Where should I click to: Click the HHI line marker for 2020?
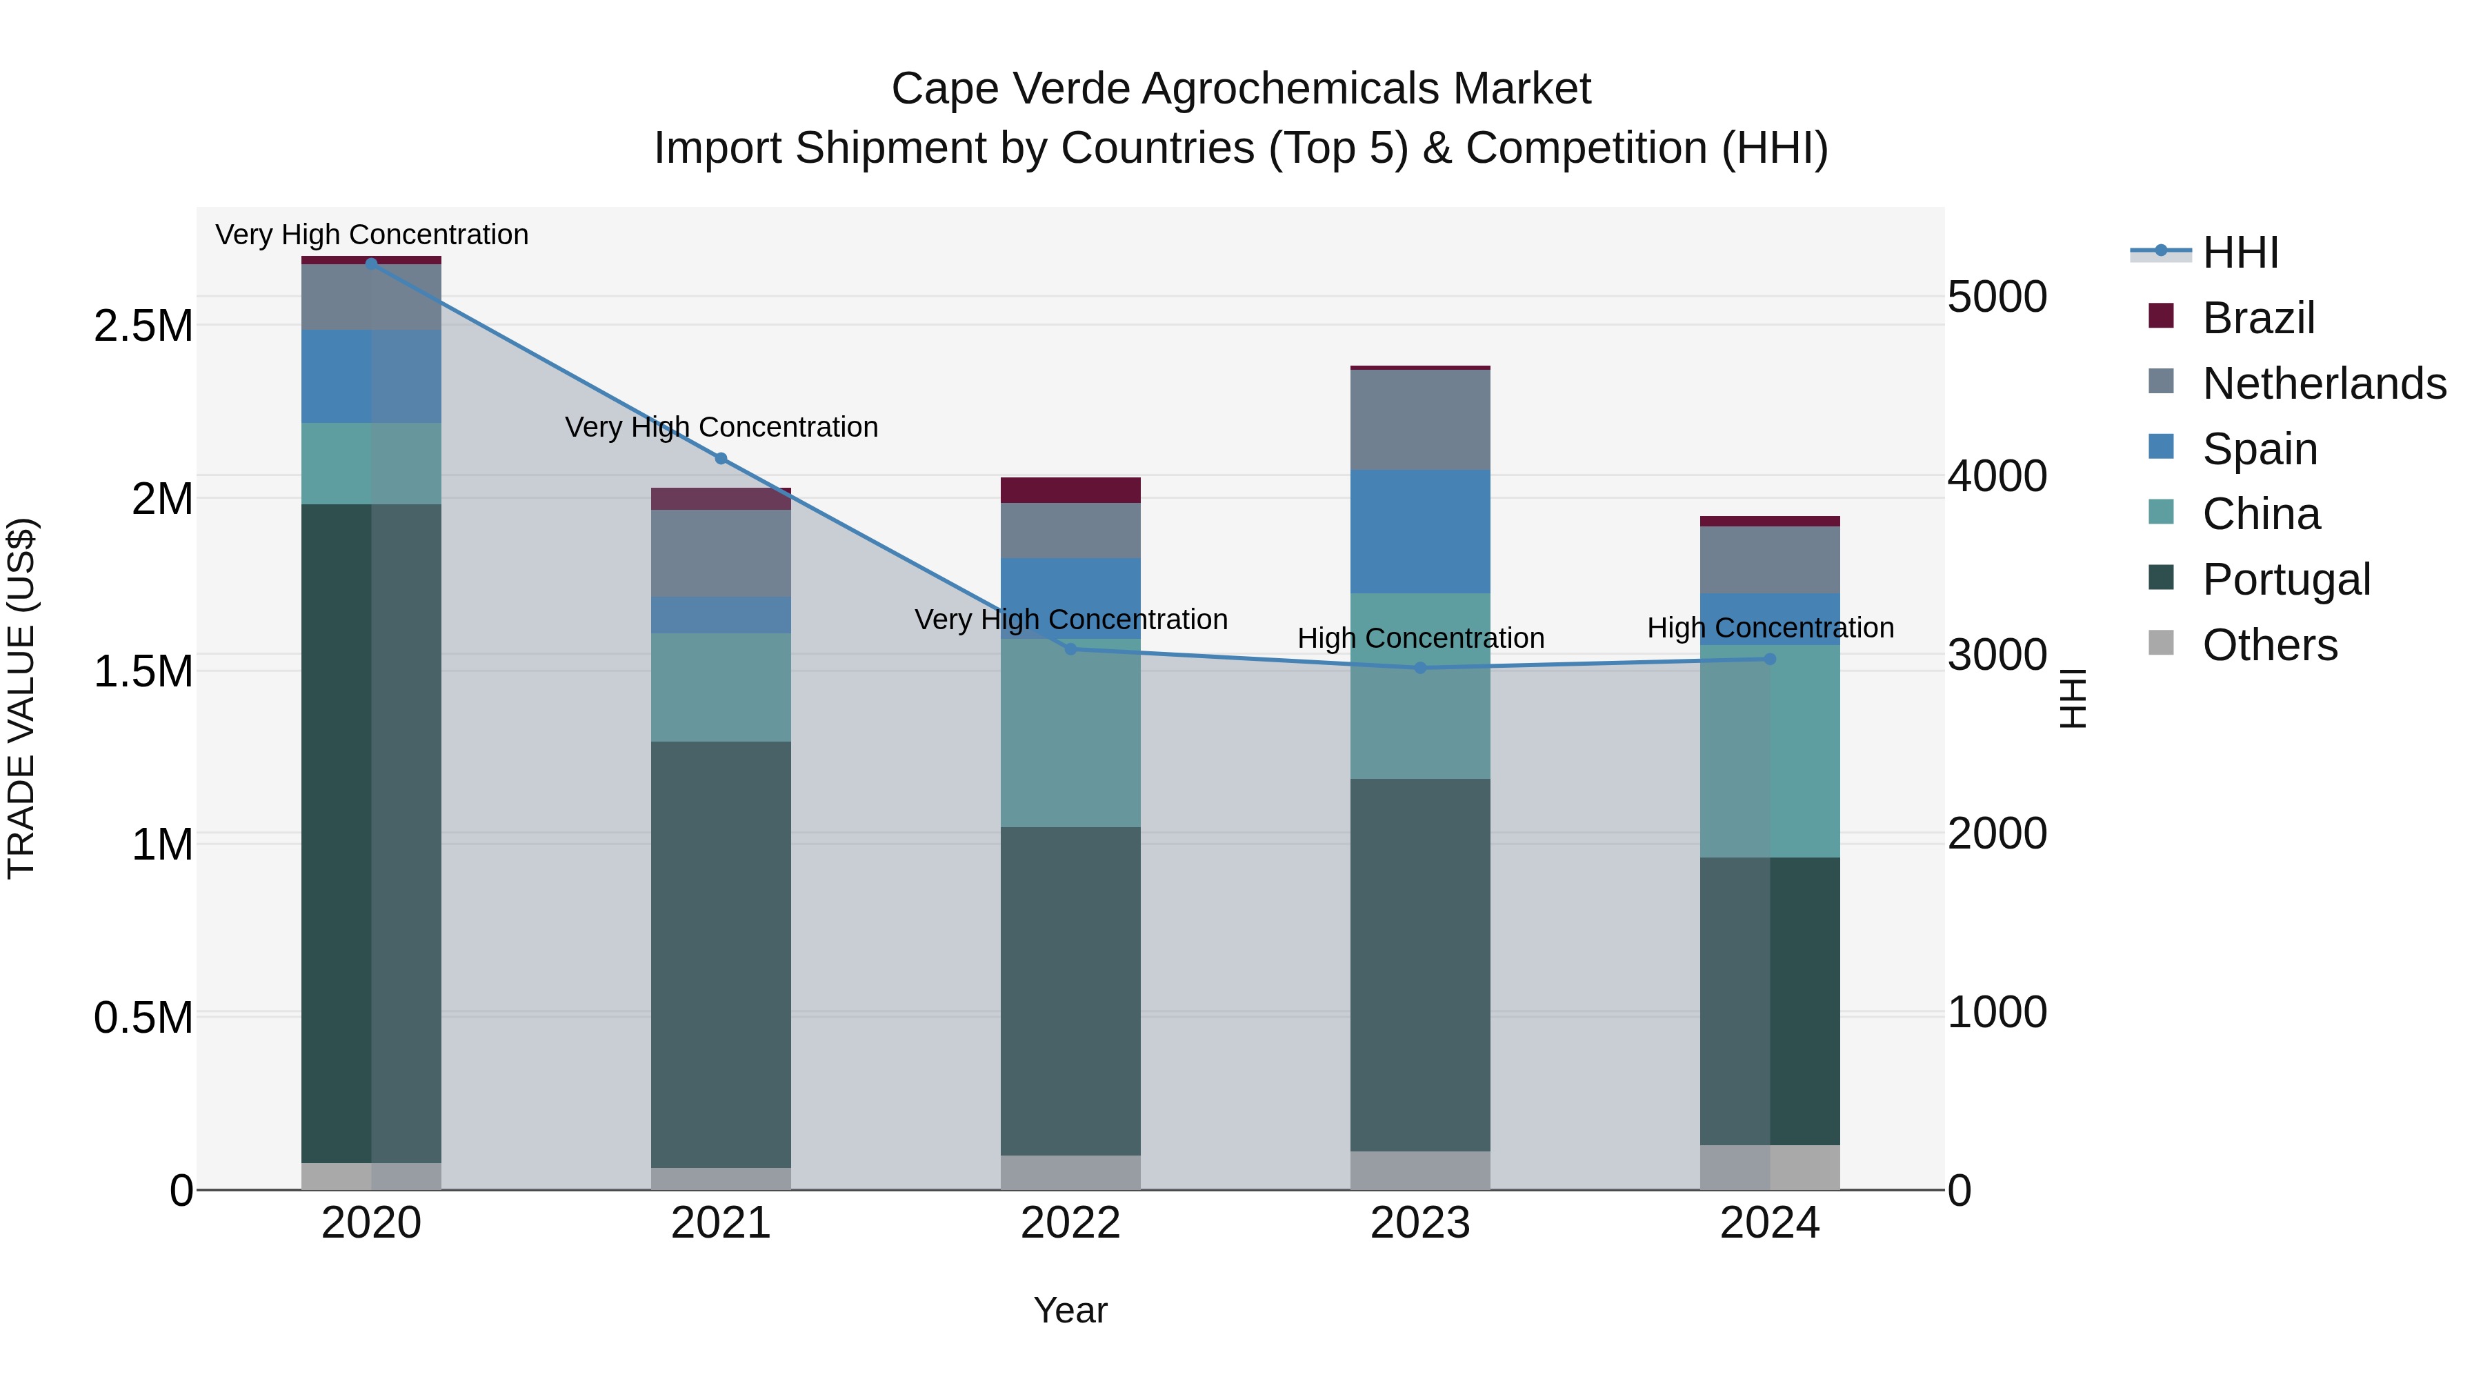coord(371,264)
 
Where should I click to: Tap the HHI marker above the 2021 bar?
coord(721,459)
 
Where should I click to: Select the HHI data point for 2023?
coord(1420,668)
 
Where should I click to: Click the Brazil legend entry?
coord(2257,318)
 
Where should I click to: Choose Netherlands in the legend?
coord(2323,384)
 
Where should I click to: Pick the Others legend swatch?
coord(2162,643)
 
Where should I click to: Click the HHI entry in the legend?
coord(2239,252)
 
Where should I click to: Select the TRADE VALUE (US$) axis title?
coord(21,698)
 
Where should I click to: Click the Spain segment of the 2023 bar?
coord(1420,531)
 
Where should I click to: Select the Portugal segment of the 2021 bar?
coord(721,955)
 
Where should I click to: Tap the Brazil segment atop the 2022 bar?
coord(1070,490)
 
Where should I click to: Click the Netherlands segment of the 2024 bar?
coord(1770,559)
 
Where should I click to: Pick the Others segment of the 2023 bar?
coord(1420,1171)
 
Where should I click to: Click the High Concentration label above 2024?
coord(1770,628)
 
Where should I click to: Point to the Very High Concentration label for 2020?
coord(371,235)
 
